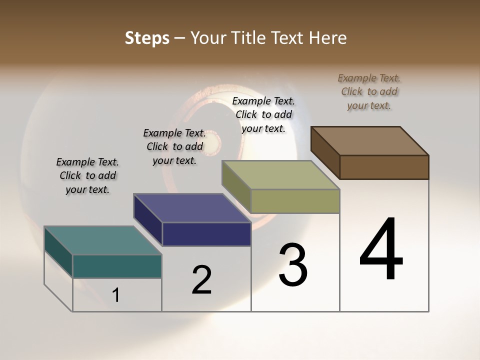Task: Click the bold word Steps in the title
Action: pos(147,38)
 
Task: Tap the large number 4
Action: pos(381,249)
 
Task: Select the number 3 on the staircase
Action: pos(293,265)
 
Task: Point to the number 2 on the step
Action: pos(202,280)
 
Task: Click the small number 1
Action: pos(116,295)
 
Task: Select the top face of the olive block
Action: pos(280,175)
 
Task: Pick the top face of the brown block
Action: pos(370,141)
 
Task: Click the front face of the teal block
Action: pos(117,266)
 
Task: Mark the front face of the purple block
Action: pos(206,234)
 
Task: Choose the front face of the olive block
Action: pos(295,201)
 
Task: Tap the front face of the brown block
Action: pos(384,167)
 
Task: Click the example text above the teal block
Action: pos(87,175)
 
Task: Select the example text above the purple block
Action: pos(174,146)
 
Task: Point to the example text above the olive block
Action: pos(263,114)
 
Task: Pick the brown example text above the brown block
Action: pos(369,91)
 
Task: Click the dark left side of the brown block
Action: pos(325,152)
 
